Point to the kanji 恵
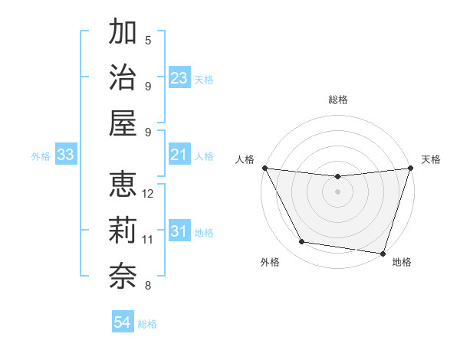[123, 186]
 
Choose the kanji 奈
[123, 275]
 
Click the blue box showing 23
[179, 78]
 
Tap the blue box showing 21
[179, 155]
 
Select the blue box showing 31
[179, 232]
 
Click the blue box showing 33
[66, 155]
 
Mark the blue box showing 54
[123, 322]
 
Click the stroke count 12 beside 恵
[149, 194]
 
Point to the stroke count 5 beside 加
[148, 41]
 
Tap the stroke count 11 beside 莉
[148, 240]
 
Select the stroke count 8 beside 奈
[148, 286]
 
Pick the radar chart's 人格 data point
[264, 168]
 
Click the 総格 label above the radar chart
[338, 100]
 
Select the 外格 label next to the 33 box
[41, 156]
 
